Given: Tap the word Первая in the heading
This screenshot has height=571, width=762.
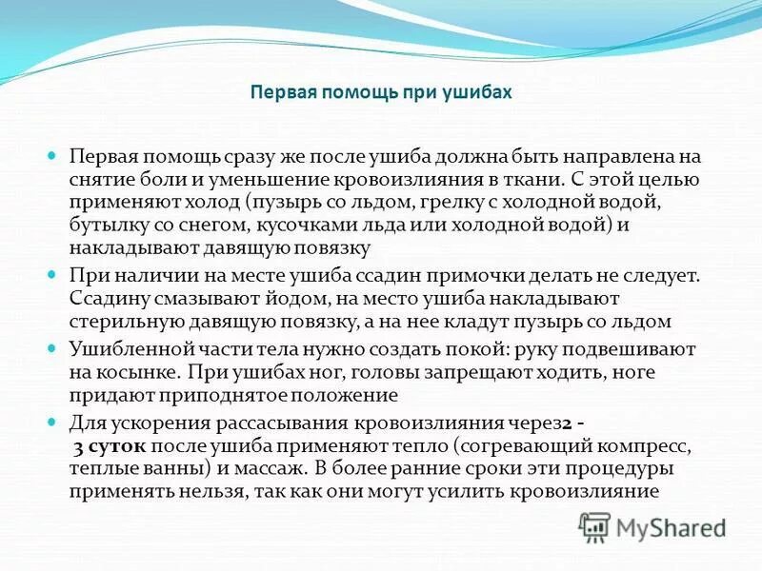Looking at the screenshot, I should pos(283,92).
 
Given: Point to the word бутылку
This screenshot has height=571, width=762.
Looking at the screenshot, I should pos(108,225).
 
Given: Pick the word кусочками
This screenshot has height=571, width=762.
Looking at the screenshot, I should pos(301,225).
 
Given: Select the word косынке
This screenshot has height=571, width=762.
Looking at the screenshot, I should pos(133,373).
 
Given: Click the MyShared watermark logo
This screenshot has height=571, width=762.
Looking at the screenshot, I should pos(652,526).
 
